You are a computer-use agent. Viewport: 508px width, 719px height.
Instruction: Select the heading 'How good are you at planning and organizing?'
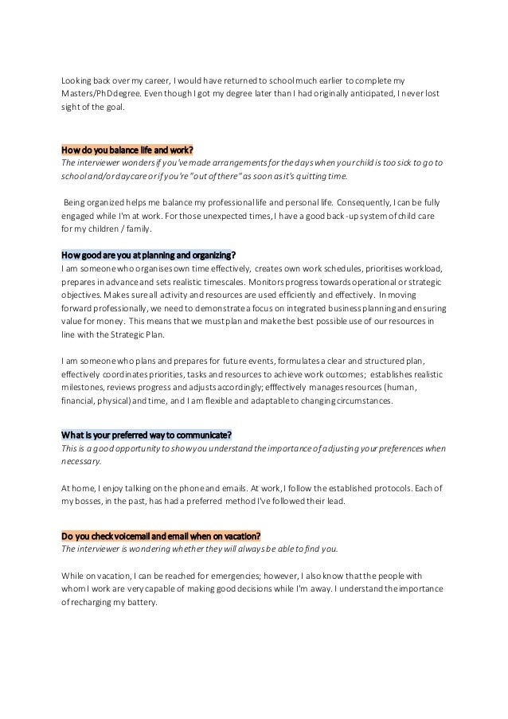click(148, 255)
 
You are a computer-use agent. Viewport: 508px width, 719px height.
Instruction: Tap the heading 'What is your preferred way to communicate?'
click(147, 434)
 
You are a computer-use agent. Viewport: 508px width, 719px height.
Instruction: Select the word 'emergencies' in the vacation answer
click(217, 576)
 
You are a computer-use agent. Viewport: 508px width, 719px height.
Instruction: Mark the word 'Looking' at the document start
click(78, 81)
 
